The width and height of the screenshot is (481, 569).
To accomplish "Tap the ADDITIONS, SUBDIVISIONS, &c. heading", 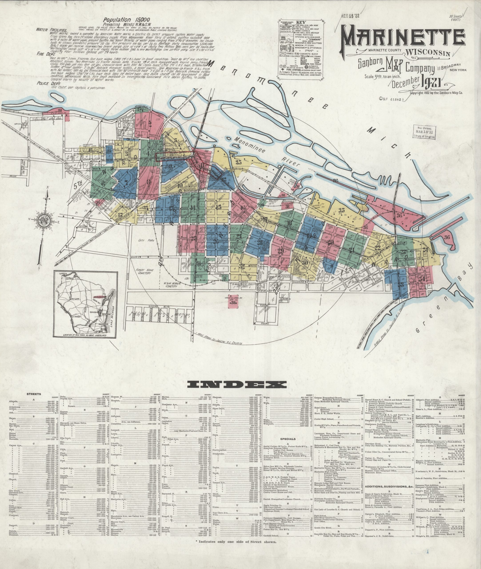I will [x=388, y=486].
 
